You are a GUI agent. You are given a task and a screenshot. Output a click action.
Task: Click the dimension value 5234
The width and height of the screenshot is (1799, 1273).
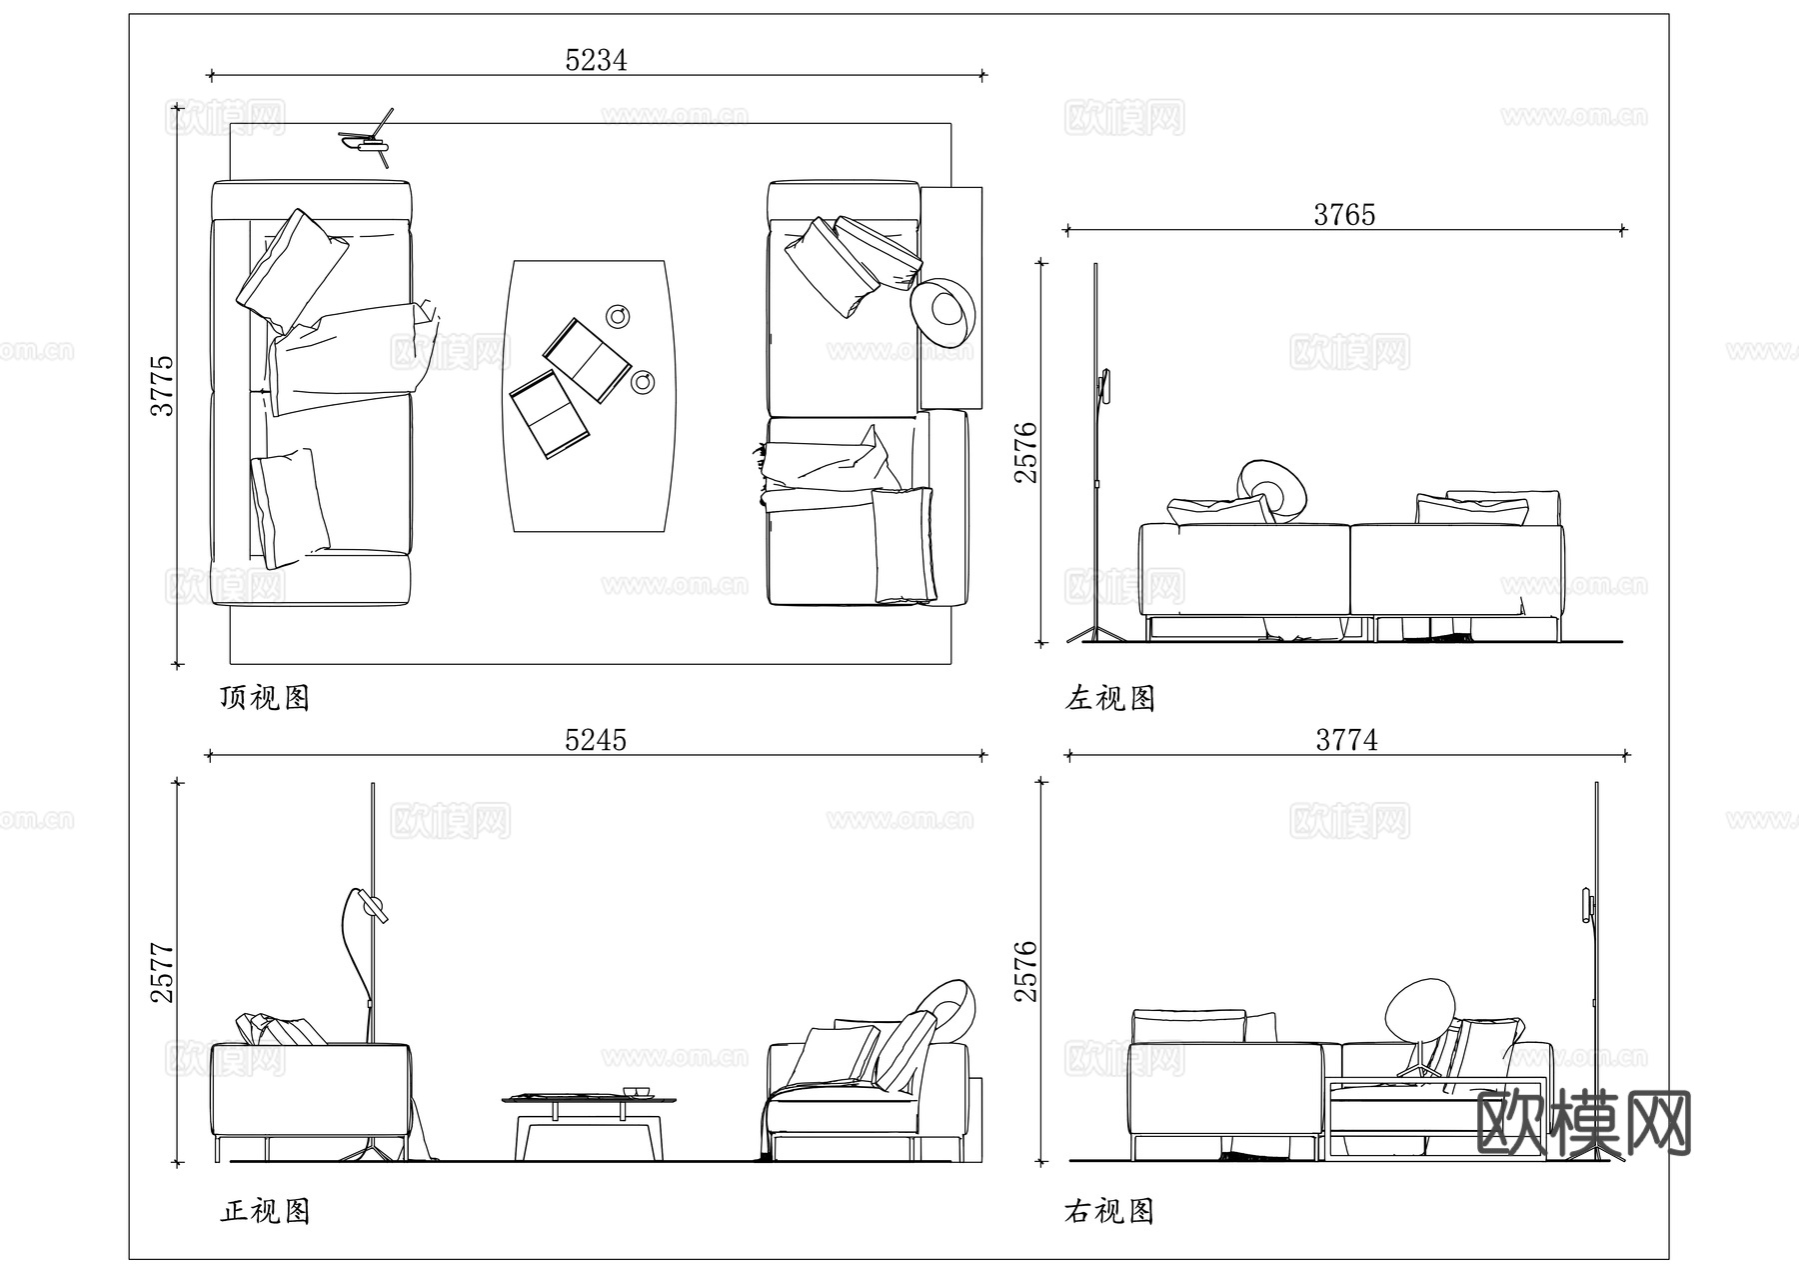tap(596, 60)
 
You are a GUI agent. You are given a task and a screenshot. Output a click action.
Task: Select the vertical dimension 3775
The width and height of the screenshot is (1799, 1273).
tap(162, 385)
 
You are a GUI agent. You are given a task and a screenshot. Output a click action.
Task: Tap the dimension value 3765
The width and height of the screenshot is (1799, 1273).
tap(1344, 215)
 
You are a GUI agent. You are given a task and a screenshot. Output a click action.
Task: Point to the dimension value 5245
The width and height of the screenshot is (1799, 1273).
tap(596, 740)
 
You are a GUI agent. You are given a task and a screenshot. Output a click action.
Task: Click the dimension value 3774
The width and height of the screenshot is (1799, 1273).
tap(1346, 740)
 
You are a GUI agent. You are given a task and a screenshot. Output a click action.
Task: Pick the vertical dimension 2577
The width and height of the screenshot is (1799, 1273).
tap(162, 973)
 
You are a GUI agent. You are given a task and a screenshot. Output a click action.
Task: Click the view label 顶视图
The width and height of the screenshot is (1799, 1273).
tap(265, 697)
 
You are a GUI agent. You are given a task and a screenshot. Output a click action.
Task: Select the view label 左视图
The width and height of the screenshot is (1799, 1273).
tap(1110, 697)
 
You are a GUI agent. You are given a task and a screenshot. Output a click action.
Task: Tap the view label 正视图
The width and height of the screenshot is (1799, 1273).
tap(265, 1211)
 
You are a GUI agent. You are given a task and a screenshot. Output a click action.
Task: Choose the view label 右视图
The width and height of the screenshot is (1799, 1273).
tap(1110, 1211)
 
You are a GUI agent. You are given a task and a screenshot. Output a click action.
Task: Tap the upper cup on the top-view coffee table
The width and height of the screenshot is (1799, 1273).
tap(620, 316)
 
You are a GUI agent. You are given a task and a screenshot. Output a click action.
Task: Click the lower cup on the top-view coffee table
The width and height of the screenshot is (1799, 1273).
tap(644, 382)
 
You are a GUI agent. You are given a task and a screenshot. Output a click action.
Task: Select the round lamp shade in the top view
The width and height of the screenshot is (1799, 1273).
tap(942, 311)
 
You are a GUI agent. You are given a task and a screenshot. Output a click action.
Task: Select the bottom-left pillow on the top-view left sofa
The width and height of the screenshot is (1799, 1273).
tap(289, 506)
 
